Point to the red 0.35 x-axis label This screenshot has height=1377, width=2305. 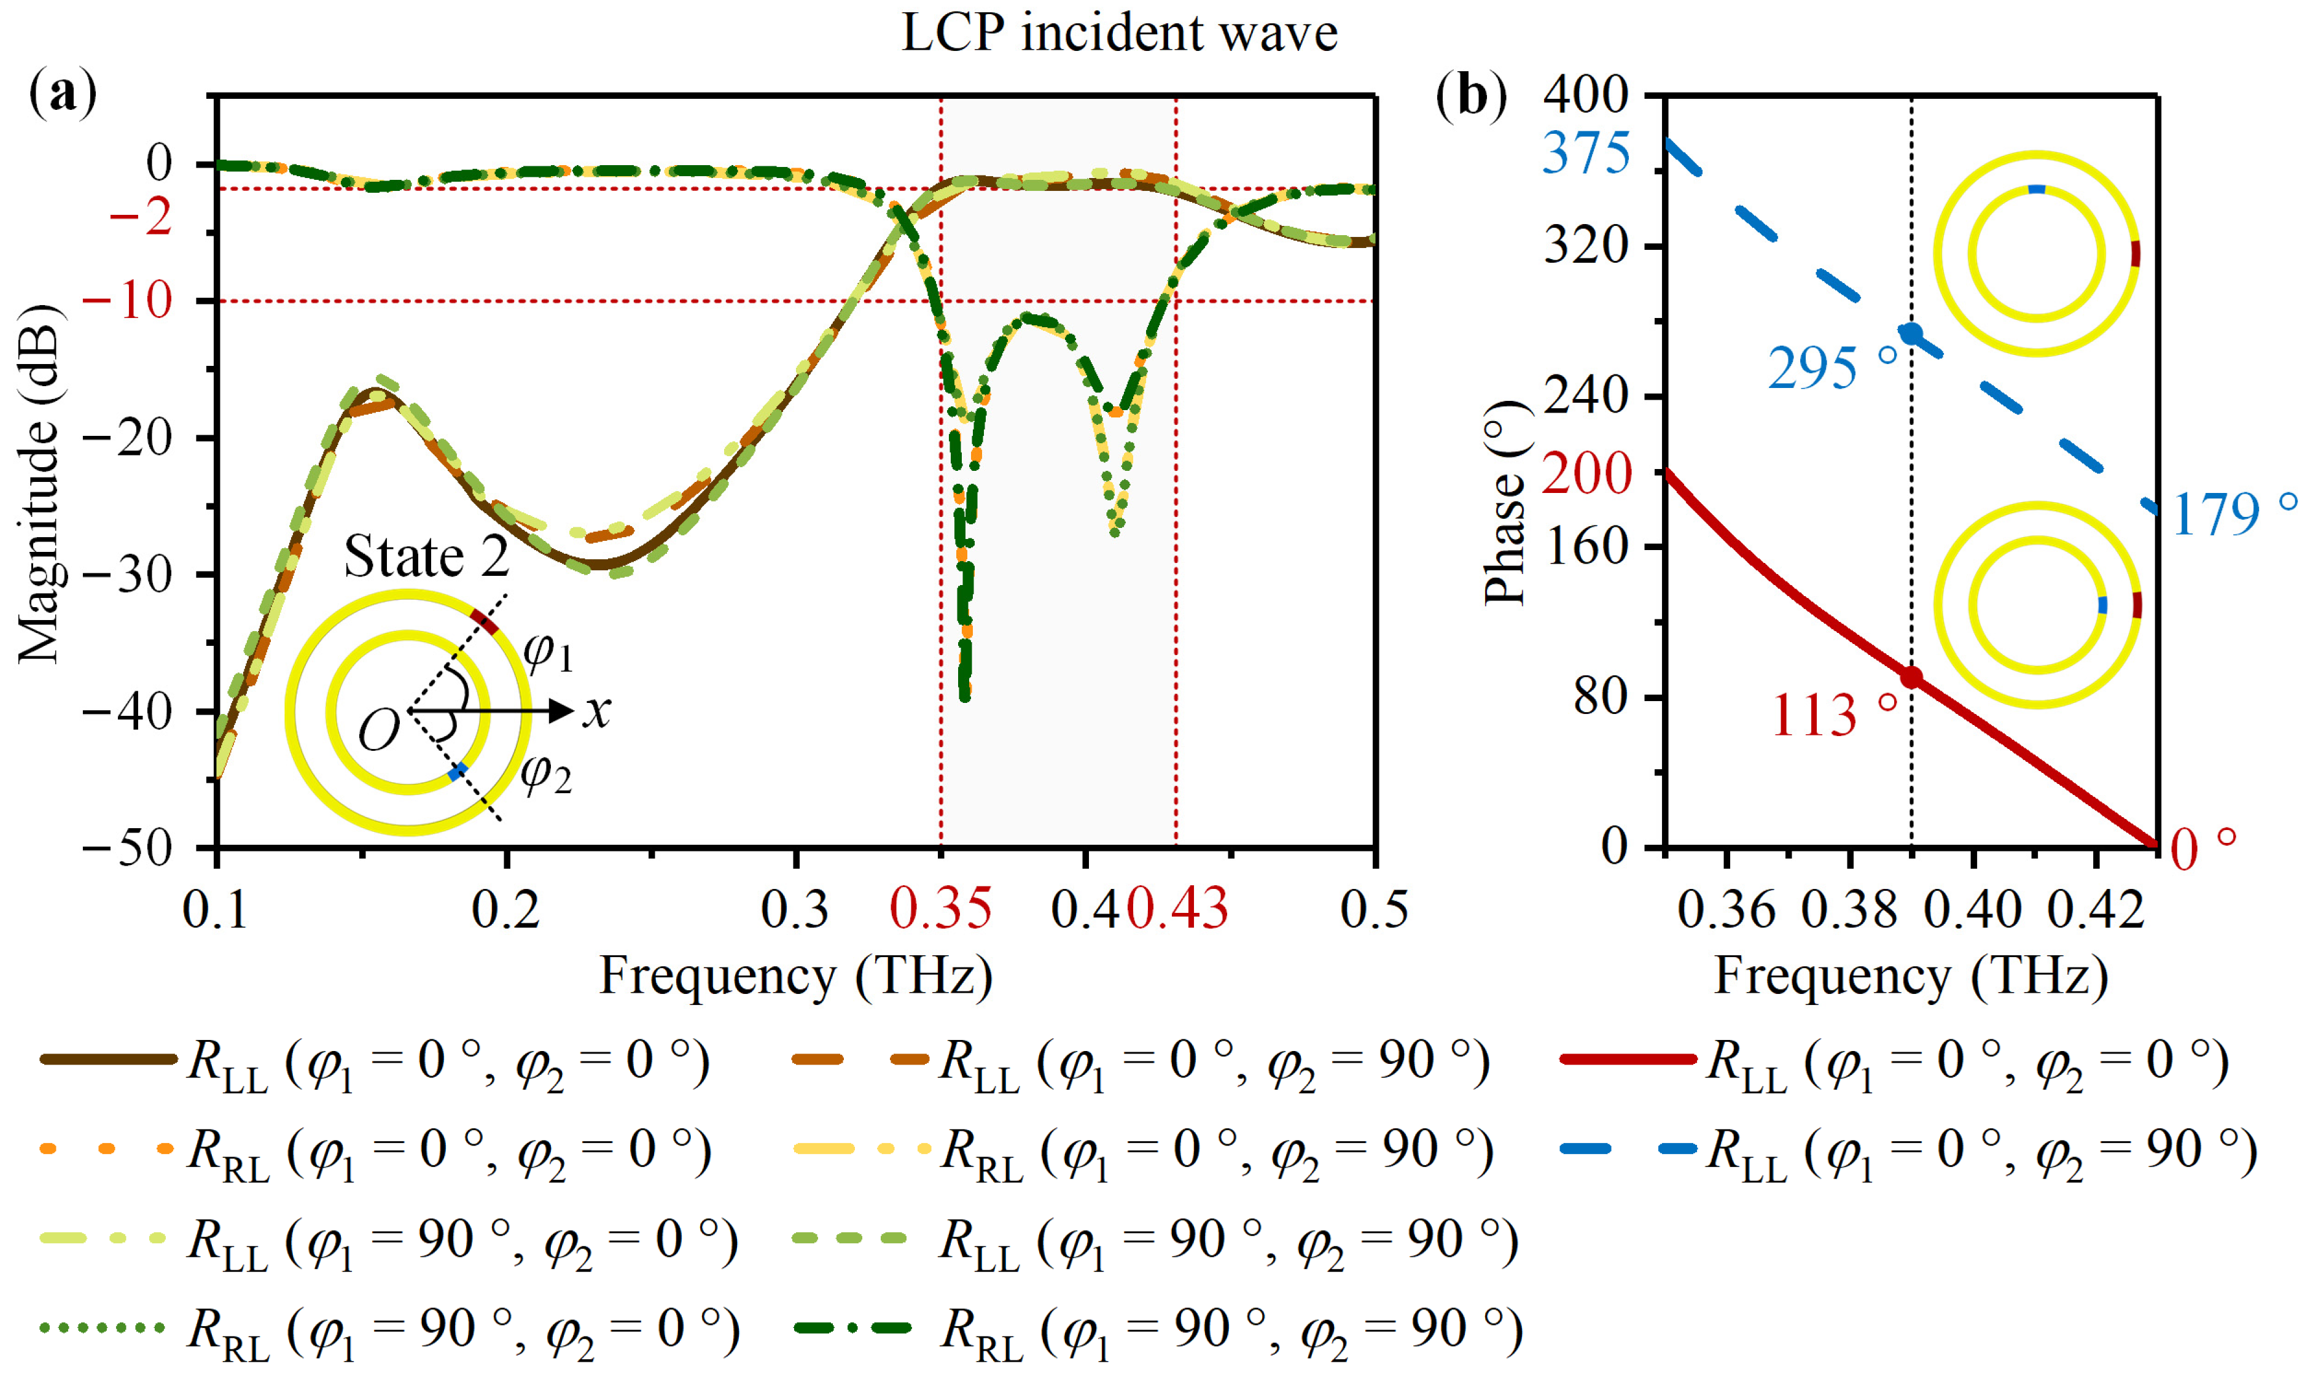940,909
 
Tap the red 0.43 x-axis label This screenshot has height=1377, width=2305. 1177,909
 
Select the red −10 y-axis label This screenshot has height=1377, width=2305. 127,301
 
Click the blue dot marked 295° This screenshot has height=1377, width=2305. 1911,334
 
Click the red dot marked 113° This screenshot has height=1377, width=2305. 1911,677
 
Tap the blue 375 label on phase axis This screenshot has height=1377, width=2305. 1586,153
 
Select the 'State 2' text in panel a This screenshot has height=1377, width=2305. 426,557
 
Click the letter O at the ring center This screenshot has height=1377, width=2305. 379,731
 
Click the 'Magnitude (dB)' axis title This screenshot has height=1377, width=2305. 39,483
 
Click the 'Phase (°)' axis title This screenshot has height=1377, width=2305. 1505,504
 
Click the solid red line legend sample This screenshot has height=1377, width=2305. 1628,1059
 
